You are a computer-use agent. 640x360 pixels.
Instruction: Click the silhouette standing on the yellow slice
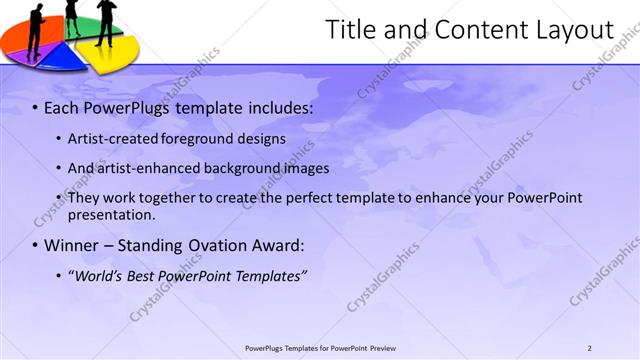pyautogui.click(x=106, y=20)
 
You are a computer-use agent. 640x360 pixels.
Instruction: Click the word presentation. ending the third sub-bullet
pyautogui.click(x=111, y=214)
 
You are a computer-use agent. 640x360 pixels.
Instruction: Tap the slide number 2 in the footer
pyautogui.click(x=589, y=348)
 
